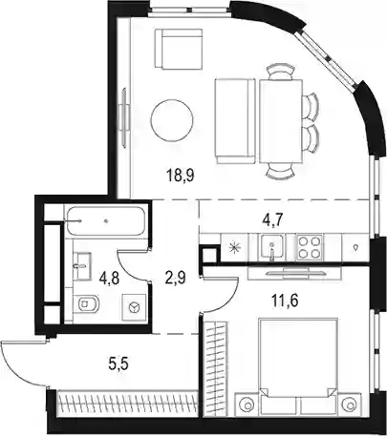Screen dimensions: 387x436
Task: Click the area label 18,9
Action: (181, 176)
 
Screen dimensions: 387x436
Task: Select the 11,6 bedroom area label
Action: (285, 301)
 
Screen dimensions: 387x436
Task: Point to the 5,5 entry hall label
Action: (118, 363)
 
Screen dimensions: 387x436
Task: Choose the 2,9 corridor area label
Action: (174, 278)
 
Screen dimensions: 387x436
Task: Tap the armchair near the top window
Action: (179, 49)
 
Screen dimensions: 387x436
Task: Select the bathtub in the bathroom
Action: (106, 221)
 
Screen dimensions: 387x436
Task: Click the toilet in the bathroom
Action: (88, 303)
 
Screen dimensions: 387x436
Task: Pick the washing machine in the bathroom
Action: (135, 306)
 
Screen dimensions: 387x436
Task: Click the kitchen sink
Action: (271, 247)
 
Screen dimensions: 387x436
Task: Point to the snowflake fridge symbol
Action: (236, 247)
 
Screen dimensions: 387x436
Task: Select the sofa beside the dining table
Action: (235, 121)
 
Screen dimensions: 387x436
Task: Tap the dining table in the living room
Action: (281, 121)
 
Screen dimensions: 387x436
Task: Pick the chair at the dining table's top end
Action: (280, 73)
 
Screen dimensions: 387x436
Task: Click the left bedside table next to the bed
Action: (247, 404)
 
